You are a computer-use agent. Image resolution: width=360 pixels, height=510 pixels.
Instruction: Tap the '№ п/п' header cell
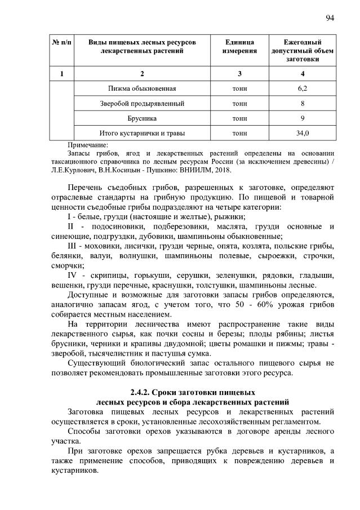coord(61,43)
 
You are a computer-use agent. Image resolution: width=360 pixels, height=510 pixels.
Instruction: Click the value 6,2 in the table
coord(303,89)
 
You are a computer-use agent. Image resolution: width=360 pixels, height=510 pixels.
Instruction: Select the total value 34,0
coord(303,133)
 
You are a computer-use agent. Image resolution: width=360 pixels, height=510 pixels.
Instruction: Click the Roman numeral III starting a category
coord(73,247)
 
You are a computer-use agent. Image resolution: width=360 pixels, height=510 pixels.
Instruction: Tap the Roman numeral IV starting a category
coord(73,276)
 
